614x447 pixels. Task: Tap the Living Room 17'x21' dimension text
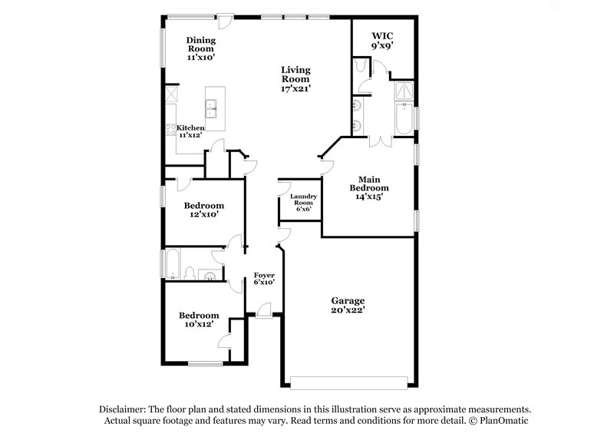tap(295, 88)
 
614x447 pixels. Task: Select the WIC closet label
tap(382, 35)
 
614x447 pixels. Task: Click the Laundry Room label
tap(300, 201)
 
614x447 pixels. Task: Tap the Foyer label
tap(264, 275)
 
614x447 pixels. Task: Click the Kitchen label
tap(190, 127)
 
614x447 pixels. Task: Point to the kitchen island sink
tap(213, 107)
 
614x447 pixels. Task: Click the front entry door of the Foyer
tap(264, 311)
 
